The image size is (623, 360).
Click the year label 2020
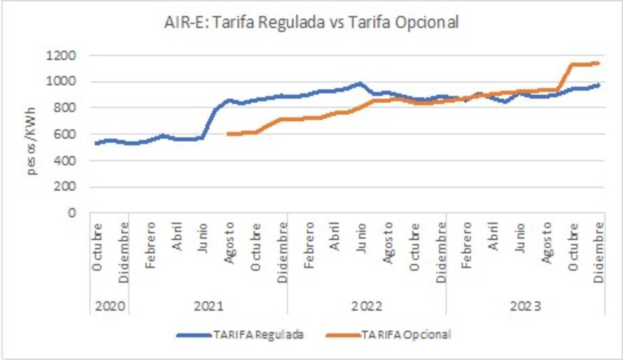tap(110, 307)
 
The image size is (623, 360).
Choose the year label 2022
tap(367, 307)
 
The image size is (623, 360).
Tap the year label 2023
tap(526, 307)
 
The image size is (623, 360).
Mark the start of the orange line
tap(228, 134)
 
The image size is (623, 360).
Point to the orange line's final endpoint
tap(600, 63)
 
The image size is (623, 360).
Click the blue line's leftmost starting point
tap(96, 143)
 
